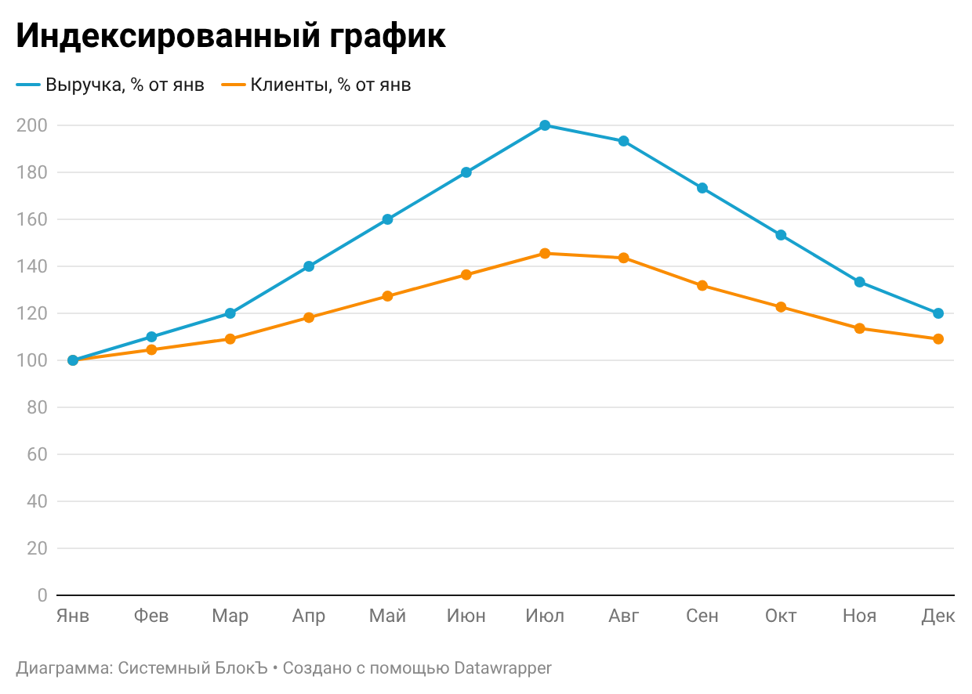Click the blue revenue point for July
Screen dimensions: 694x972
point(545,125)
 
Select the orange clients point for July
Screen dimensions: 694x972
point(545,254)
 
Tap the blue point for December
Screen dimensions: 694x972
point(938,313)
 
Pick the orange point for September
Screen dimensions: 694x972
point(702,286)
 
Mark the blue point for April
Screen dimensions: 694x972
point(309,266)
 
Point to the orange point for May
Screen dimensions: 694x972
point(387,296)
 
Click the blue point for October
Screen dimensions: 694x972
point(781,235)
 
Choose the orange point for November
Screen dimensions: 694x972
point(860,328)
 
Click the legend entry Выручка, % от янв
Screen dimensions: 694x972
point(125,85)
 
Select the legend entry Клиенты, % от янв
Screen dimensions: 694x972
point(330,85)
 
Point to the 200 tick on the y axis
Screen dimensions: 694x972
point(32,125)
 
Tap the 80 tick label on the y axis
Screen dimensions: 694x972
point(37,407)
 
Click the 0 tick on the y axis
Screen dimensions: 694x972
point(42,595)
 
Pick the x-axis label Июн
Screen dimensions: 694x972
point(466,616)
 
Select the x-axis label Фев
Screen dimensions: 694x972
point(151,616)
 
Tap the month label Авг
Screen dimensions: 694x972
point(624,616)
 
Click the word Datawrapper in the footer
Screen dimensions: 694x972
point(502,668)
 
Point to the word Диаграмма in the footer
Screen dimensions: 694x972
point(63,668)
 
